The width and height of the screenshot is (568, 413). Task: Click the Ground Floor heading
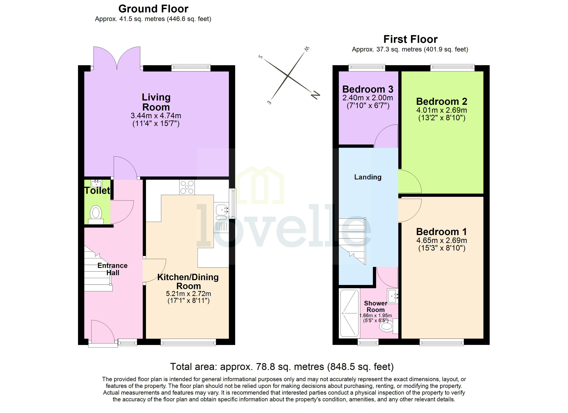(153, 9)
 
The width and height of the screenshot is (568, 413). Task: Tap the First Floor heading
(411, 40)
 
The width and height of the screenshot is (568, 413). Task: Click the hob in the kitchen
(187, 187)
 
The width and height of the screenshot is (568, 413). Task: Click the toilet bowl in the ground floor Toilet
(96, 213)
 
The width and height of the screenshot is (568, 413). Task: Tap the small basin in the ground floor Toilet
(96, 184)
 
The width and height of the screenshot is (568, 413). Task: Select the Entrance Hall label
(112, 269)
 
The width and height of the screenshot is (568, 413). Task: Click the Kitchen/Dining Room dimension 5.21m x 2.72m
(188, 294)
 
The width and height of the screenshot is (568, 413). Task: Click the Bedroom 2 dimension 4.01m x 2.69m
(441, 110)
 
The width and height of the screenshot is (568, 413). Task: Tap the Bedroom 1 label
(441, 232)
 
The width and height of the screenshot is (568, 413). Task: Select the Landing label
(368, 177)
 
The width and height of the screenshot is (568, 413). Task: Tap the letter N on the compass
(315, 95)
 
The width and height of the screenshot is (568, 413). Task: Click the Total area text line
(282, 367)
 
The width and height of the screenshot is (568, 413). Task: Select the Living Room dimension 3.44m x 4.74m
(156, 116)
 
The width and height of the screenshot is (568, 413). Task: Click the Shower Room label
(375, 306)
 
